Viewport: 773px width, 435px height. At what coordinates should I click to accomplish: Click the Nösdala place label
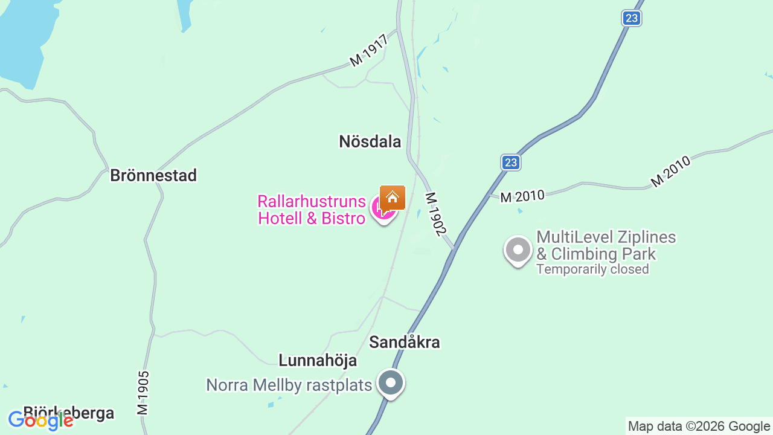click(x=370, y=141)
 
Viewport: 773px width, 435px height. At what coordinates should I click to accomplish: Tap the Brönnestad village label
click(x=153, y=175)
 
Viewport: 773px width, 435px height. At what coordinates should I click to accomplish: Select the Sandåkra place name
click(x=404, y=342)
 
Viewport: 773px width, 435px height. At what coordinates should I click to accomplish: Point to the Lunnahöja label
click(x=317, y=361)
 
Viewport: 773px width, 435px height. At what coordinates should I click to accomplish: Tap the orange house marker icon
click(x=393, y=197)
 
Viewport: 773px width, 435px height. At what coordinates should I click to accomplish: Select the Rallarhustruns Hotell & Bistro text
click(x=312, y=210)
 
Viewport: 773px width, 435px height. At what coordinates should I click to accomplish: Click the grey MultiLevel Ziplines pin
click(x=518, y=250)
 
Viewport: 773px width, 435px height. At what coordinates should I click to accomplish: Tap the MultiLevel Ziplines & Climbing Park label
click(x=606, y=245)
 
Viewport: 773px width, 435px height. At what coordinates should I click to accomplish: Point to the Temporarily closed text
click(x=592, y=269)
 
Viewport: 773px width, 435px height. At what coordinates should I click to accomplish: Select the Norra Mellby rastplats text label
click(x=289, y=385)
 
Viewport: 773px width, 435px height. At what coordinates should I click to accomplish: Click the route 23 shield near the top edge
click(x=632, y=18)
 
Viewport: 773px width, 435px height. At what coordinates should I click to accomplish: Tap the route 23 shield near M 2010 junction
click(x=510, y=163)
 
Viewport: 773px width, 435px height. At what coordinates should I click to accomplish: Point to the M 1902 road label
click(x=435, y=214)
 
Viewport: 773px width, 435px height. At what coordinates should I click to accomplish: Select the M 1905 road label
click(x=143, y=393)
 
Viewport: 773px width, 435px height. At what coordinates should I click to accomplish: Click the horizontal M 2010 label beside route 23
click(x=522, y=196)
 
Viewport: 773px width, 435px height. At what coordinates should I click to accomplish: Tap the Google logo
click(x=41, y=420)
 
